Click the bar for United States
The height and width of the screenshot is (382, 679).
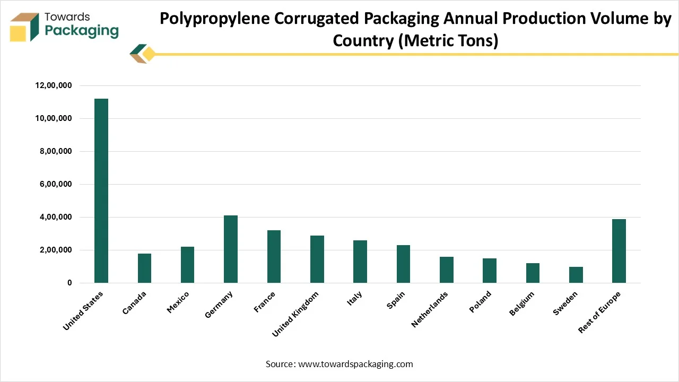click(x=101, y=191)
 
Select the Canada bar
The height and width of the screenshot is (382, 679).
click(x=144, y=268)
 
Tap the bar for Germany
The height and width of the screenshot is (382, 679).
click(x=231, y=249)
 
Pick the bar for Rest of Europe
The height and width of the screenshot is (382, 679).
click(x=619, y=251)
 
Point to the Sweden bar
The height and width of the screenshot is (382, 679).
click(x=576, y=275)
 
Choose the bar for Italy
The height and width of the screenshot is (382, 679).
click(x=360, y=262)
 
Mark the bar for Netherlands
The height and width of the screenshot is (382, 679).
click(x=446, y=270)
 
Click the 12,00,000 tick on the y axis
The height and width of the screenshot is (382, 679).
click(x=54, y=85)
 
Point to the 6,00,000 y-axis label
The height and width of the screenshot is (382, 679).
click(x=54, y=184)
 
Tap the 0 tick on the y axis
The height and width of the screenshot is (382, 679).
click(x=69, y=283)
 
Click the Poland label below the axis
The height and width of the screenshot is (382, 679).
click(x=480, y=302)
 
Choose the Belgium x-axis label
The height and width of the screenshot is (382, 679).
click(x=522, y=303)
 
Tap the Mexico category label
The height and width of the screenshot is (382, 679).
click(x=178, y=302)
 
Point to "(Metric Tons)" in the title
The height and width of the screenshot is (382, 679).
click(x=448, y=40)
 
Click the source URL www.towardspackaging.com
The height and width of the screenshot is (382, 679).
click(x=355, y=364)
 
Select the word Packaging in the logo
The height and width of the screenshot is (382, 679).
click(x=82, y=30)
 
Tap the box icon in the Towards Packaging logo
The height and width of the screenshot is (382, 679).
click(x=24, y=27)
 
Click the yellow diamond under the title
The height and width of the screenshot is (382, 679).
click(x=149, y=54)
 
